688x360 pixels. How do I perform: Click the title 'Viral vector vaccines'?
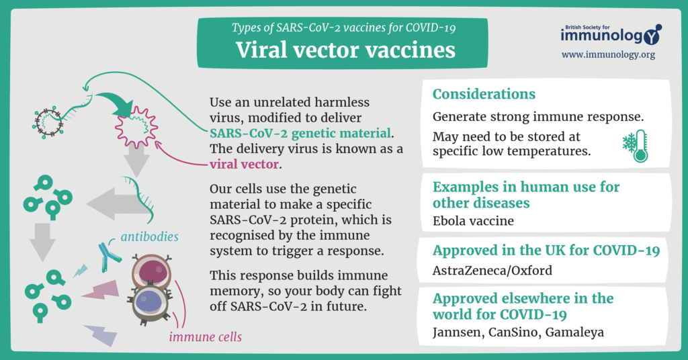tap(345, 50)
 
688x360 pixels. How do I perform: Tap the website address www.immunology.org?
tap(608, 55)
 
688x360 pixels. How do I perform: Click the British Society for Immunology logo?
tap(611, 34)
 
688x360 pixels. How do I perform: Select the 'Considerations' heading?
tap(484, 94)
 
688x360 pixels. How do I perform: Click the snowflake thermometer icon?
tap(636, 146)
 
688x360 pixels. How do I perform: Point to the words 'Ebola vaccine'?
tap(473, 220)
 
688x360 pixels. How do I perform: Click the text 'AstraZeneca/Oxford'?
tap(492, 270)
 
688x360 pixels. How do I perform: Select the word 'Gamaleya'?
tap(574, 332)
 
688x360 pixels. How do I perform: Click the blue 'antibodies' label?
tap(150, 237)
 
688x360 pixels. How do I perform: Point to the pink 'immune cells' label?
tap(206, 336)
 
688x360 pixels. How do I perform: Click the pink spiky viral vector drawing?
tap(136, 127)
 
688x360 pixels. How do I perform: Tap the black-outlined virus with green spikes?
tap(48, 122)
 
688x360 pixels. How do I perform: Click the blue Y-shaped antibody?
tap(108, 257)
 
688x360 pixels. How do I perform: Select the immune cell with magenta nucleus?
tap(151, 272)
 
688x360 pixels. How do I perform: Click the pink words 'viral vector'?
tap(244, 165)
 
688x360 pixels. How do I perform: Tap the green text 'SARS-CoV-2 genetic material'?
tap(300, 133)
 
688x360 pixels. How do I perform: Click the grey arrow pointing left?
tap(115, 204)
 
